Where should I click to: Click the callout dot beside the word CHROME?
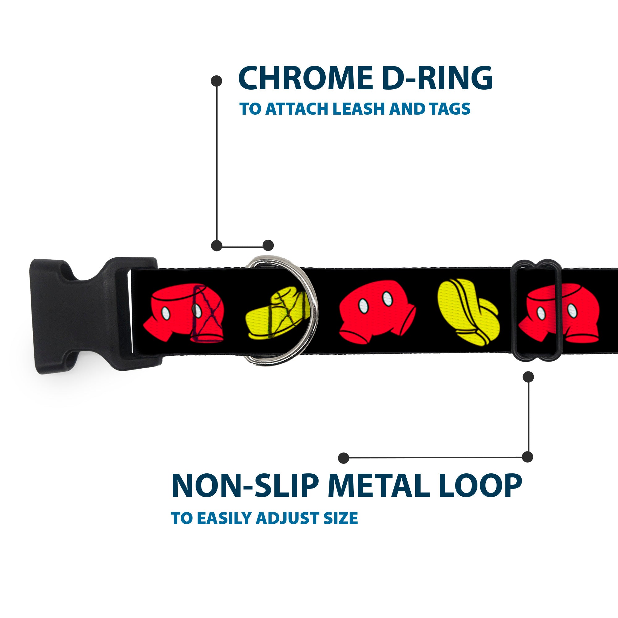217,81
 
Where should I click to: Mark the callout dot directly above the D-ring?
268,245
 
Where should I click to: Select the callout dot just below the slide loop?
528,377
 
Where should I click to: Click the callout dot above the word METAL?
344,458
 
